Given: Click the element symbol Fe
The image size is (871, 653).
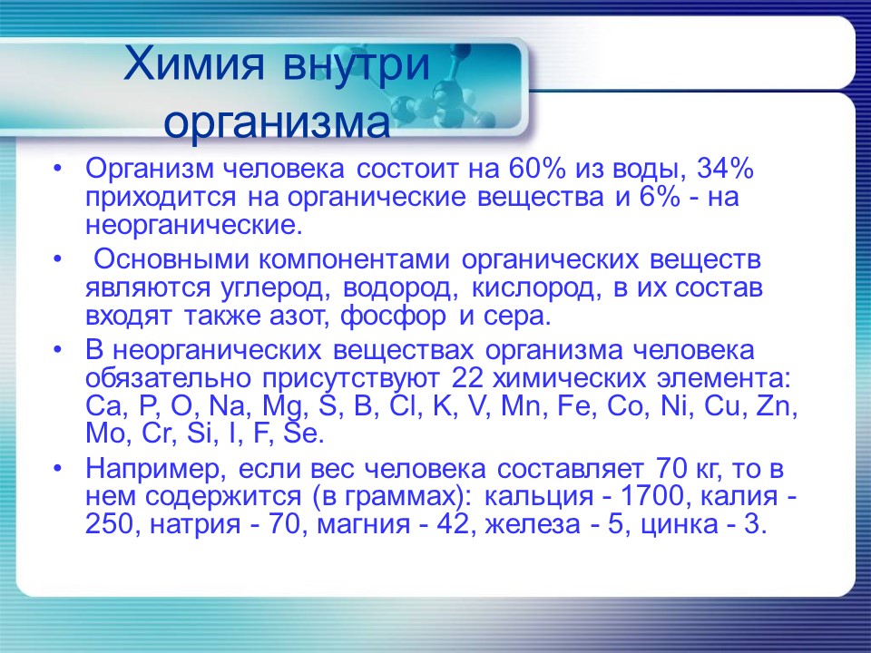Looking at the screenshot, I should pyautogui.click(x=569, y=405).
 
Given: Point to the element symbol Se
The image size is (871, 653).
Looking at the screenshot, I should pyautogui.click(x=303, y=434).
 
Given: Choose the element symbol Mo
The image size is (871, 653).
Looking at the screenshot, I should pyautogui.click(x=106, y=434).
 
